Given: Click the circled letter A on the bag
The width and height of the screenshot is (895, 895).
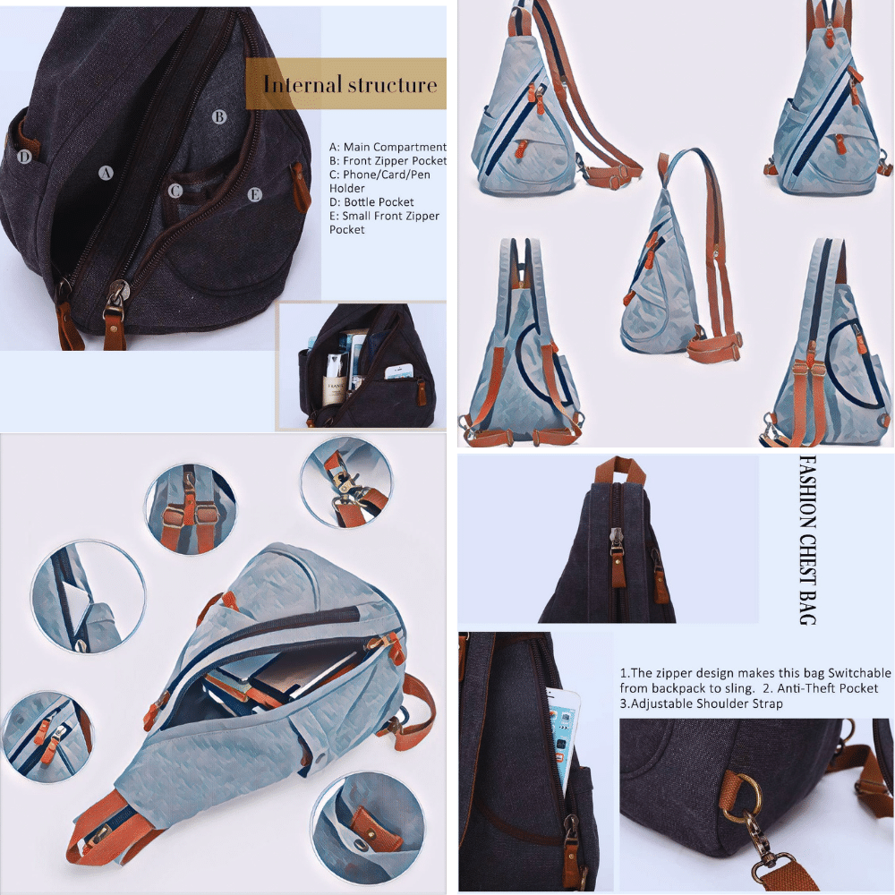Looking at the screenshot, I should (106, 173).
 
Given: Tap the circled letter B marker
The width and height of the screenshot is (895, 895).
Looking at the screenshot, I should (218, 116).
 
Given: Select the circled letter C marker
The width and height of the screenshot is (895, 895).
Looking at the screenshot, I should (175, 191).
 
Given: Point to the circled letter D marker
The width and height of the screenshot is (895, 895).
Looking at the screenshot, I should (25, 158).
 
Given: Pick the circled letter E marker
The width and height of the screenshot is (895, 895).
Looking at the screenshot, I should (255, 194).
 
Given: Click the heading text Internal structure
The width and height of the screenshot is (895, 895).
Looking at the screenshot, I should (349, 85).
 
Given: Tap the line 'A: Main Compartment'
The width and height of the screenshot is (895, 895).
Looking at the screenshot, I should (388, 147).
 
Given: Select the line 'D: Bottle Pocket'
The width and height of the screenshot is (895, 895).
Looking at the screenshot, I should (371, 202).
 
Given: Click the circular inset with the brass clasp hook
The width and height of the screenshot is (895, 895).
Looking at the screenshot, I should (345, 485).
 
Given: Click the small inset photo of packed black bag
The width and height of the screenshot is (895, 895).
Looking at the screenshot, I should (362, 365).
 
